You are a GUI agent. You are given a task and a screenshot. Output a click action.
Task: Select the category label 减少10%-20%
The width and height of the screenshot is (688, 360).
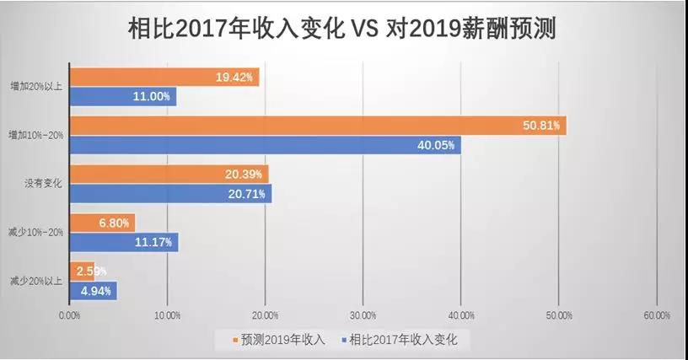pyautogui.click(x=35, y=232)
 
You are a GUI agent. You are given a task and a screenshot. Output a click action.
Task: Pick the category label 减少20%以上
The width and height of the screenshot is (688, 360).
pyautogui.click(x=35, y=281)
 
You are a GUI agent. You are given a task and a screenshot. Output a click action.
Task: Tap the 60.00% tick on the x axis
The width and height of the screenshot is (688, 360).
pyautogui.click(x=656, y=315)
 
